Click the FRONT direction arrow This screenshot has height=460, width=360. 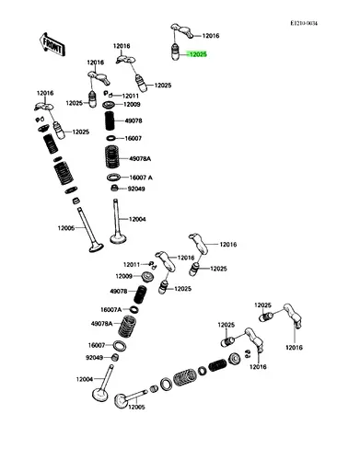click(52, 45)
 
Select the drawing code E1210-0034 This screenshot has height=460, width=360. click(304, 23)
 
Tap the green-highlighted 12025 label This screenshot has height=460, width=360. click(197, 54)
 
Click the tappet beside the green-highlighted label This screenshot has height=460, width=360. click(175, 52)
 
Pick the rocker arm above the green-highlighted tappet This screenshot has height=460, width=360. click(181, 30)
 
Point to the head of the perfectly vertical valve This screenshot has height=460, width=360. click(119, 238)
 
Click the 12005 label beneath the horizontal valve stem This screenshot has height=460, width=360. click(136, 408)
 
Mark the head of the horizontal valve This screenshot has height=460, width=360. click(121, 400)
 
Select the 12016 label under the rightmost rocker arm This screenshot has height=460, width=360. click(294, 348)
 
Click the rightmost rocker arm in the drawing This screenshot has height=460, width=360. click(293, 316)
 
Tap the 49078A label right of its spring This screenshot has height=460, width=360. click(140, 159)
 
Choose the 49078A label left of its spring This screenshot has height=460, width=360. click(102, 324)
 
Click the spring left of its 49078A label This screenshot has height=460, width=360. click(127, 327)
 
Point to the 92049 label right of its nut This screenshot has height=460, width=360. click(136, 189)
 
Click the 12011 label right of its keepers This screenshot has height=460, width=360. click(131, 96)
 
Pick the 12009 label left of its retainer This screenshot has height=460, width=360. click(123, 276)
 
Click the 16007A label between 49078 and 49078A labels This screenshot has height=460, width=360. click(111, 310)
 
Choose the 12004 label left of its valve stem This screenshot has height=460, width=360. click(85, 379)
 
